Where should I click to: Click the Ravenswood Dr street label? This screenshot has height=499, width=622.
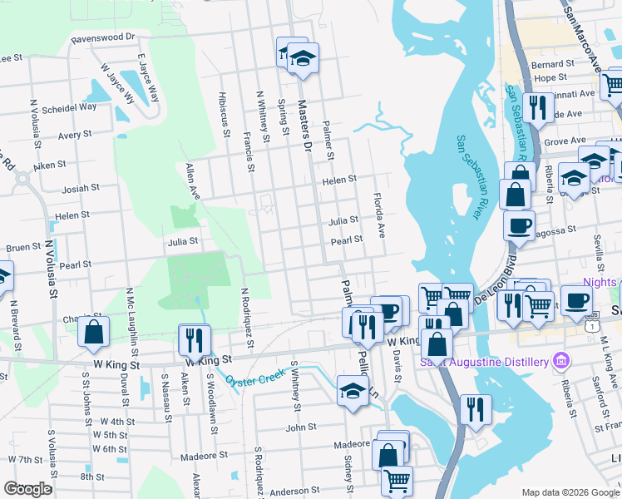tap(103, 37)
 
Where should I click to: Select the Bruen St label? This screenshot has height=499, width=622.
tap(23, 247)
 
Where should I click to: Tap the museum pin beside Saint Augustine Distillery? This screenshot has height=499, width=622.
tap(561, 361)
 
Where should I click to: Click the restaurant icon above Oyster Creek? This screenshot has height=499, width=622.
tap(194, 338)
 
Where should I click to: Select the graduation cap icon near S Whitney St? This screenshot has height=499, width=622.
tap(353, 391)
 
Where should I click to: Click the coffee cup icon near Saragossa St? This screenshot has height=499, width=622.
tap(520, 225)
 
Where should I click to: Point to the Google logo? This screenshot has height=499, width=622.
tap(27, 489)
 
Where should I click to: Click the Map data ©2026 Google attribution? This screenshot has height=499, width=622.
tap(570, 492)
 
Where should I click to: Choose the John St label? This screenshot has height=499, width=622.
tap(297, 427)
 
